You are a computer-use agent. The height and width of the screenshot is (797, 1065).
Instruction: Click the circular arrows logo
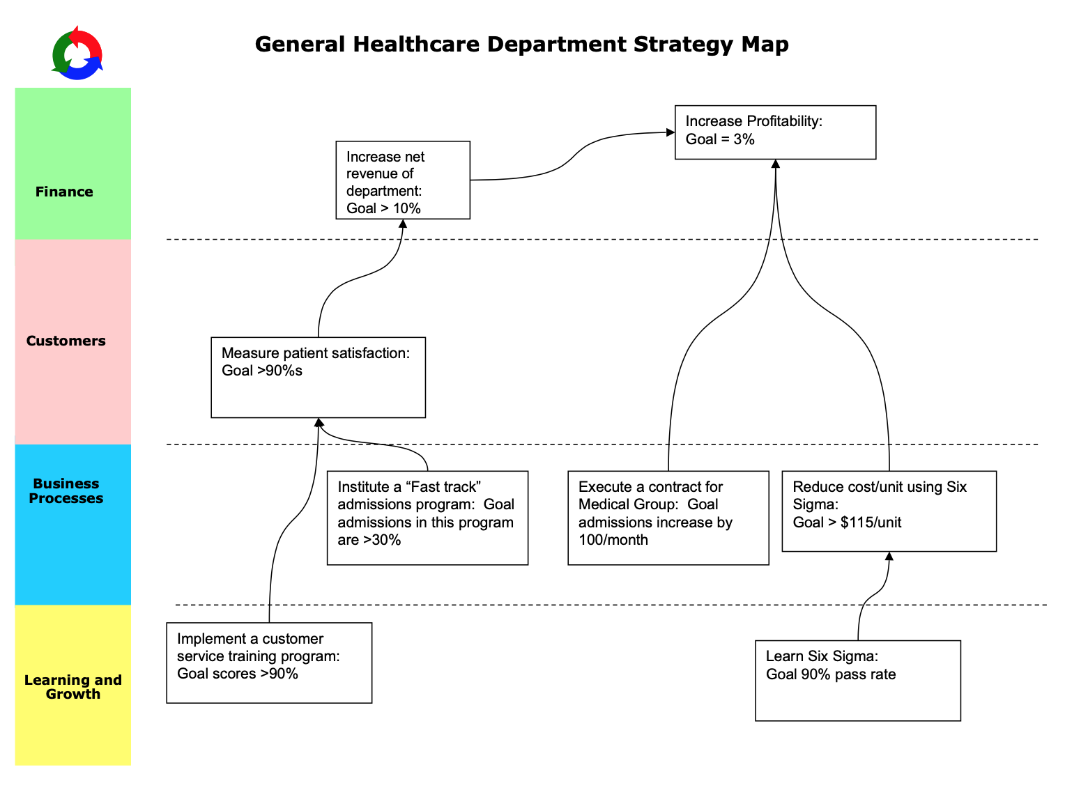[77, 54]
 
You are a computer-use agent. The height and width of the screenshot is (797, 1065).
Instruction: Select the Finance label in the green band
[64, 192]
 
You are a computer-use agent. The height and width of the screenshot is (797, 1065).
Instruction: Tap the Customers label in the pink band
[66, 341]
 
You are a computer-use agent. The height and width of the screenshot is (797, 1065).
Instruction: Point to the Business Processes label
[66, 491]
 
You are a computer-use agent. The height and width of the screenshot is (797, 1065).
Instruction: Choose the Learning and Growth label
[72, 687]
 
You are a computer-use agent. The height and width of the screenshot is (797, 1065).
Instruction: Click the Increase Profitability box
[775, 132]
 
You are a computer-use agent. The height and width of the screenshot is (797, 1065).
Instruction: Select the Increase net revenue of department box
[403, 180]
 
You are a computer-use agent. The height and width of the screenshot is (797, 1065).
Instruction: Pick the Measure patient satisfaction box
[318, 378]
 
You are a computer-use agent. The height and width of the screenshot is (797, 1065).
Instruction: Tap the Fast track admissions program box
[427, 518]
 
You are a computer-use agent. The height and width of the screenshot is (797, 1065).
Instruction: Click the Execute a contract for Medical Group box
[668, 518]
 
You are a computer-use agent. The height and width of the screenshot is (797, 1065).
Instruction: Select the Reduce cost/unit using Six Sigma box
[889, 511]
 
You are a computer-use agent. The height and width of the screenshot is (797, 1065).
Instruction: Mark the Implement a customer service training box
[269, 663]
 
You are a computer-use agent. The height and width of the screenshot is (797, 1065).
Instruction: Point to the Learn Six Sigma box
[857, 681]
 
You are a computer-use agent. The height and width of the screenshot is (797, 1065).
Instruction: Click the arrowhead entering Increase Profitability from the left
[671, 132]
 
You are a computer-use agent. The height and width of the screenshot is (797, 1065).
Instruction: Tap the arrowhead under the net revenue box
[403, 224]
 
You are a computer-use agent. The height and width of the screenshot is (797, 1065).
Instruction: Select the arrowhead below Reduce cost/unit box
[889, 556]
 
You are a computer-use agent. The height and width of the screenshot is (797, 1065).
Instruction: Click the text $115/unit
[871, 523]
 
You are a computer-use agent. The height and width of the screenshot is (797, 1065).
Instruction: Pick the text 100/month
[613, 540]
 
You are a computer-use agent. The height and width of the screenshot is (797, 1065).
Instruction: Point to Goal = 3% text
[720, 139]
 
